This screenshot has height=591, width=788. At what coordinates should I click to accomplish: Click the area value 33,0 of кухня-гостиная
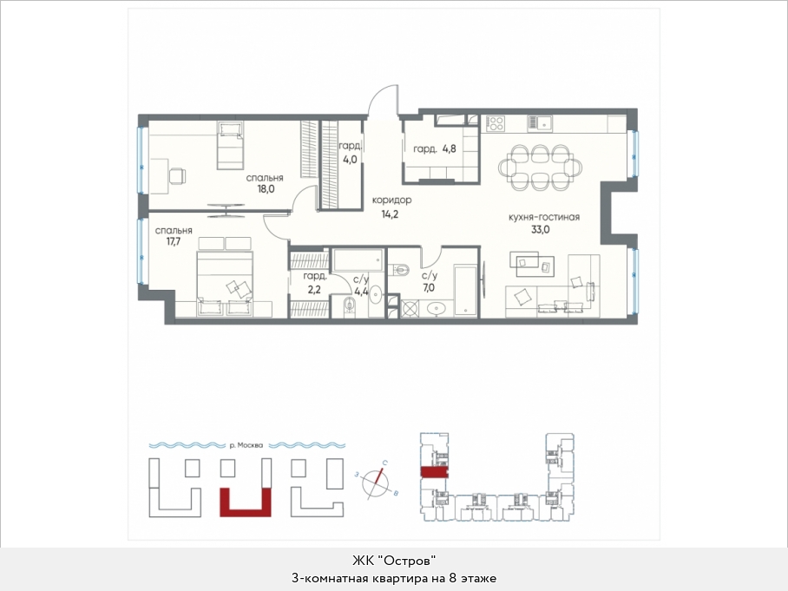coord(541,230)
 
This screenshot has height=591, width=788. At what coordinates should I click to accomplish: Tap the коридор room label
coord(391,200)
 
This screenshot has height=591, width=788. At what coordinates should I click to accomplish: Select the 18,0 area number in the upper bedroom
coord(266,189)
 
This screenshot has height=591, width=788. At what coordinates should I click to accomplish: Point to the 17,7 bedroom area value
coord(174,242)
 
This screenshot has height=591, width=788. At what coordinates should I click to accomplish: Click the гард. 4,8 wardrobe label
coord(435,148)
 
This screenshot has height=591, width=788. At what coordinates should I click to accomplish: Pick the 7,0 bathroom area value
coord(429,288)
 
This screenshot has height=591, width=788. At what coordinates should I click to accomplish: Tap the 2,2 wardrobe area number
coord(314,290)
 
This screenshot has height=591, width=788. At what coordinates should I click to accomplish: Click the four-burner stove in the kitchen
coord(495,123)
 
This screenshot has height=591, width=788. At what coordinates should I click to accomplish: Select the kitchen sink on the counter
coord(540,122)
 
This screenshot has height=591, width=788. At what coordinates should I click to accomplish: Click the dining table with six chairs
coord(541,167)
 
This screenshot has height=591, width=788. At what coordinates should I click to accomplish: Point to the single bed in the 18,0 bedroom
coord(230,145)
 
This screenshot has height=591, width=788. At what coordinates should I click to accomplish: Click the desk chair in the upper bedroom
coord(177,176)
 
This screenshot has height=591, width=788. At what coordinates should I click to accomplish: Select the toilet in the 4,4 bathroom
coord(350,305)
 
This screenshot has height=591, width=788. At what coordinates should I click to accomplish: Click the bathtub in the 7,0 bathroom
coord(465,291)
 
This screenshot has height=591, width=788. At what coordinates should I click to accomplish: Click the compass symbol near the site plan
coord(377,483)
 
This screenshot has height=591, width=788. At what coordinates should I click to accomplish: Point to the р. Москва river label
coord(246,445)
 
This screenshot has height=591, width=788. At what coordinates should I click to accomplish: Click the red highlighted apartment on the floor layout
coord(434,471)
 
